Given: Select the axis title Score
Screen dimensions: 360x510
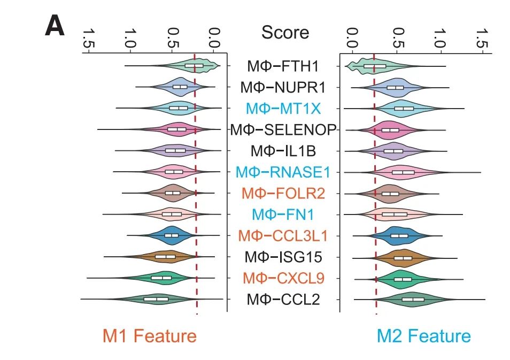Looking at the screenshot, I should tap(285, 32).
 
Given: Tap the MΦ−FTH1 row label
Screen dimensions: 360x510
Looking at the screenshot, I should tap(283, 66).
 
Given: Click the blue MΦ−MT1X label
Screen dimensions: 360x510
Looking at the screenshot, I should tap(283, 109).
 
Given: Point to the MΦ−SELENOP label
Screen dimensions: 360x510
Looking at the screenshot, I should tap(283, 129).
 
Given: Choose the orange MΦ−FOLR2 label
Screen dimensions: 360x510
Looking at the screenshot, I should tap(283, 193).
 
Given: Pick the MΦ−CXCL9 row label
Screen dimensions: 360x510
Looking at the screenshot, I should tap(283, 278).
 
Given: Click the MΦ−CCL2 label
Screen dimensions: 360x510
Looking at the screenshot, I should tap(283, 299).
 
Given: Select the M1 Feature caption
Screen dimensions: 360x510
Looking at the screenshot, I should tap(150, 336).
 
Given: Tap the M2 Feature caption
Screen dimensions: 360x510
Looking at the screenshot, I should tap(423, 336).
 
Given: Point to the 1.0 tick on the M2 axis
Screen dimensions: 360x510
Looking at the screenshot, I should tap(439, 38).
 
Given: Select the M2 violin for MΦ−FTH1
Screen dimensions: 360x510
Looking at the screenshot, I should tap(374, 66).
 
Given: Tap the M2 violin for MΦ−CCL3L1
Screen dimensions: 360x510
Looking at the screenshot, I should tap(399, 235).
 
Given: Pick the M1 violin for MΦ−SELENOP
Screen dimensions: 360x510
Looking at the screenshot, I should tap(176, 129).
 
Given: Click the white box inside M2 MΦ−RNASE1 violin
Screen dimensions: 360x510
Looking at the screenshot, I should tap(403, 172).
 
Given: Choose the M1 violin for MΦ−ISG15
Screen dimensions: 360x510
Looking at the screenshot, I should tap(165, 257).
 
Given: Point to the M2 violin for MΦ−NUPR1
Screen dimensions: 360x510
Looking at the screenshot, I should tap(396, 87).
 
